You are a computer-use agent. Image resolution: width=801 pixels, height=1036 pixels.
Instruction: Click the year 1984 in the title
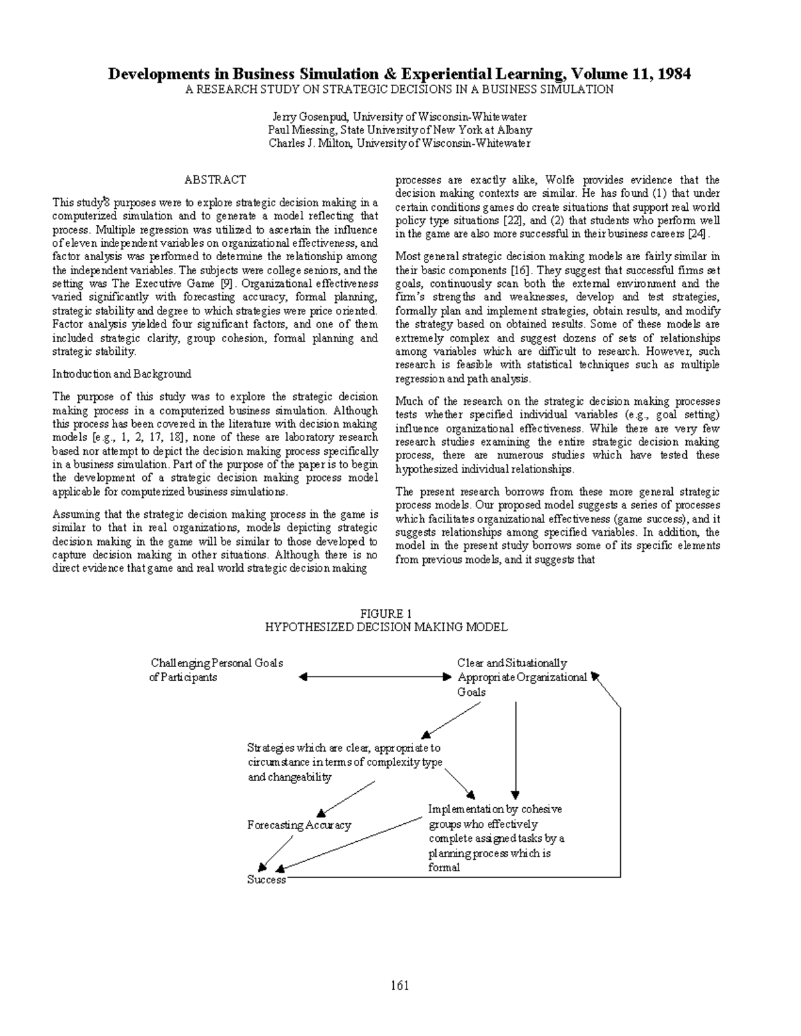tap(674, 74)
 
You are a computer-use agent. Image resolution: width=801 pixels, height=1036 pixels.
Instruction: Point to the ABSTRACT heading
tap(215, 179)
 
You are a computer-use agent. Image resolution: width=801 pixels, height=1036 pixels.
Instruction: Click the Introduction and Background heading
tap(121, 374)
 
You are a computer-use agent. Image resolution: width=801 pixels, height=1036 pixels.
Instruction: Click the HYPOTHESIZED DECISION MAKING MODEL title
tap(386, 627)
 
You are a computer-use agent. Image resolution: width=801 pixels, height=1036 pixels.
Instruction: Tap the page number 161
tap(400, 985)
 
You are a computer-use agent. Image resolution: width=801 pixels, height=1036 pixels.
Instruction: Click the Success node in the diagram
tap(266, 880)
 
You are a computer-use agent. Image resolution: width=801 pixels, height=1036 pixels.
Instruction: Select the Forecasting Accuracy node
tap(299, 825)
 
